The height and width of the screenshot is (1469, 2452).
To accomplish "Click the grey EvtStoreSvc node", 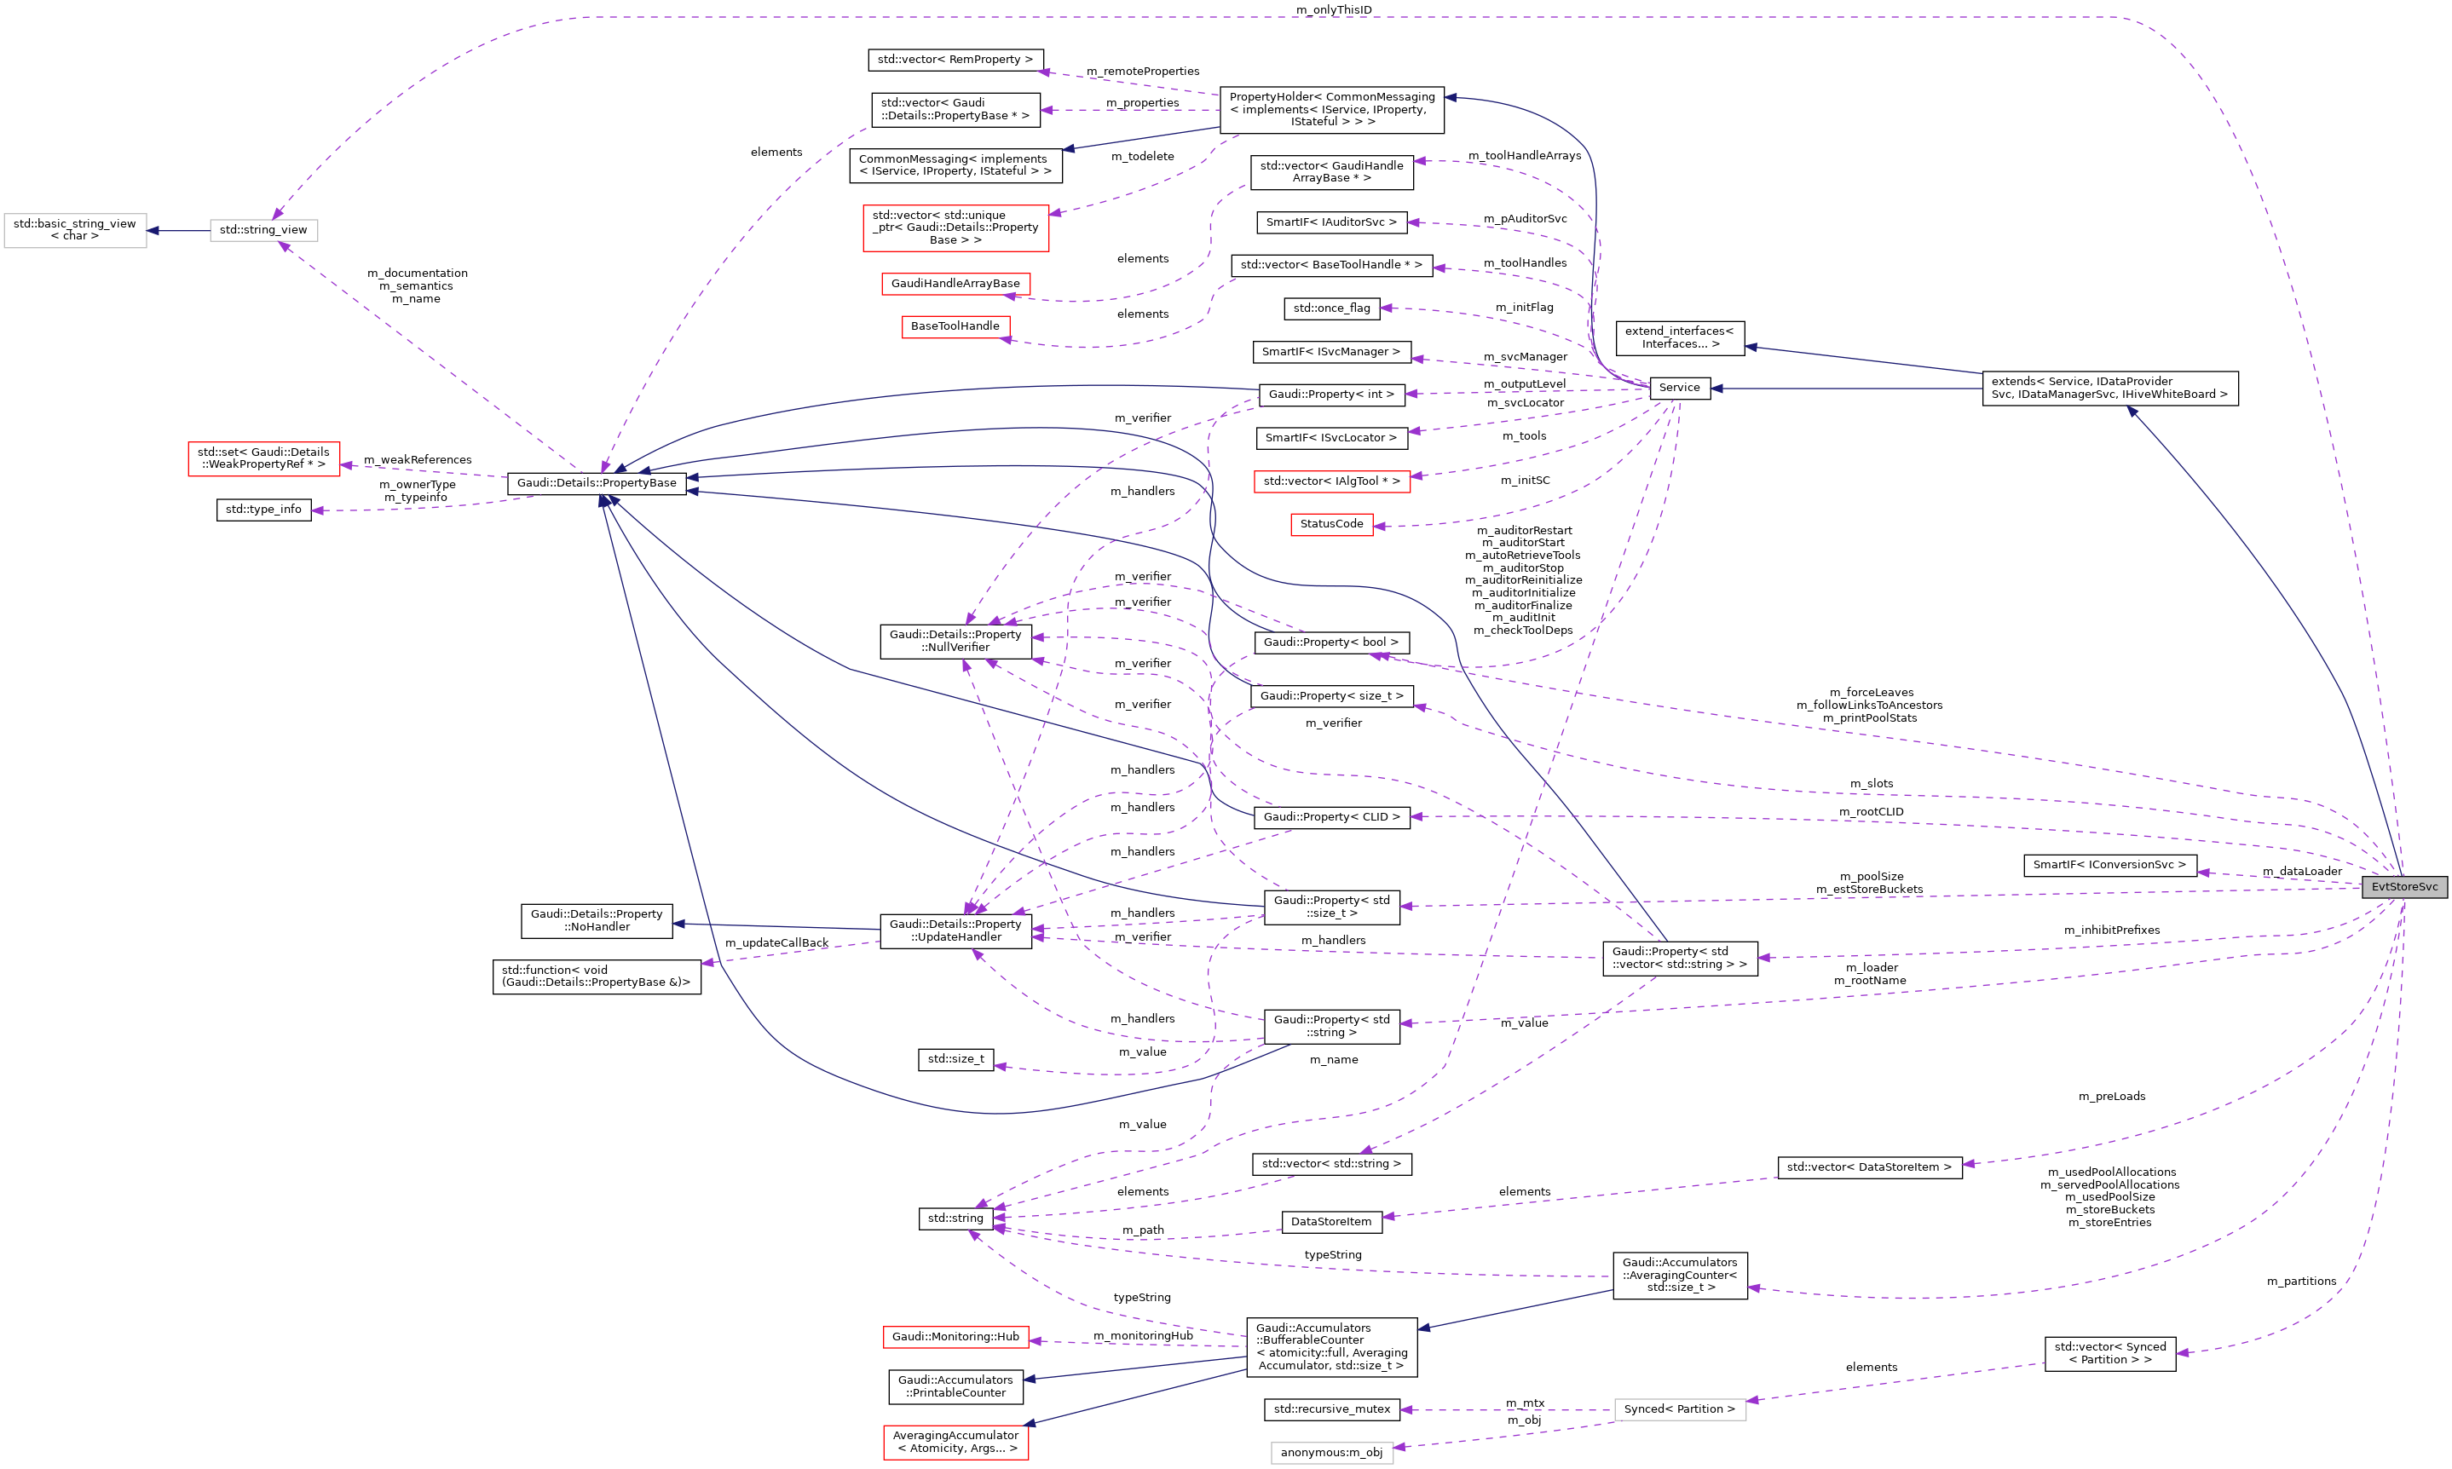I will coord(2403,887).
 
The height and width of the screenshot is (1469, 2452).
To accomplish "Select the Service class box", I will coord(1679,388).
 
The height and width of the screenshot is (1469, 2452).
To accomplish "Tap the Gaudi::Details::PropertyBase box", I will coord(596,483).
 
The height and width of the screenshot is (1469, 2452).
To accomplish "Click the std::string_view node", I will coord(263,230).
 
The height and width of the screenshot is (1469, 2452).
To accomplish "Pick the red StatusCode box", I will coord(1330,524).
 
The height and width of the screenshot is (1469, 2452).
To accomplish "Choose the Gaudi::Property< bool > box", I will coord(1330,642).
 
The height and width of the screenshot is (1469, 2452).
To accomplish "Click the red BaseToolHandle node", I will coord(955,325).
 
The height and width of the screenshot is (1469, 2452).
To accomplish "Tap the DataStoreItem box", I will coord(1330,1222).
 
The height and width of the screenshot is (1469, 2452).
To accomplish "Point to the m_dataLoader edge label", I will coord(2301,871).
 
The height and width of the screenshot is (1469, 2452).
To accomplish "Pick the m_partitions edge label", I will coord(2300,1281).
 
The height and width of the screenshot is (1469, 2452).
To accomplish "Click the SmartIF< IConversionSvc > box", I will coord(2109,865).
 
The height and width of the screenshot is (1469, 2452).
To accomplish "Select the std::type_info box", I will coord(263,510).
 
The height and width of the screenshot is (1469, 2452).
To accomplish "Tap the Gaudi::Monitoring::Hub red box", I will coord(955,1336).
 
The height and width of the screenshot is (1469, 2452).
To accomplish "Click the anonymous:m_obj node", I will coord(1330,1452).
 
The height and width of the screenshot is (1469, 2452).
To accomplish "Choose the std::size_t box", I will coord(955,1059).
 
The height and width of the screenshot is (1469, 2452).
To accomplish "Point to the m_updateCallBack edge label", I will coord(776,942).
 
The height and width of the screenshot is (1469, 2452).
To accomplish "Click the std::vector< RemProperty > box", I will coord(955,60).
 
